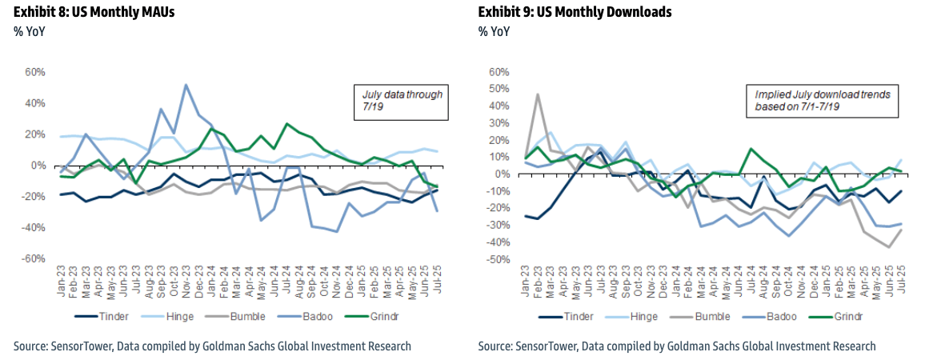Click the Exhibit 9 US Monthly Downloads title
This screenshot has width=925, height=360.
click(x=575, y=12)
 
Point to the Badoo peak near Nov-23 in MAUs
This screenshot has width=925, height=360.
click(x=186, y=85)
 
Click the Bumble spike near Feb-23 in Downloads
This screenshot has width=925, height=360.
click(x=537, y=94)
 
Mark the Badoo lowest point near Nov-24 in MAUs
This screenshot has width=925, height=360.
click(x=337, y=231)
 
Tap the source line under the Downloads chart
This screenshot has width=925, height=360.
click(x=677, y=346)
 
